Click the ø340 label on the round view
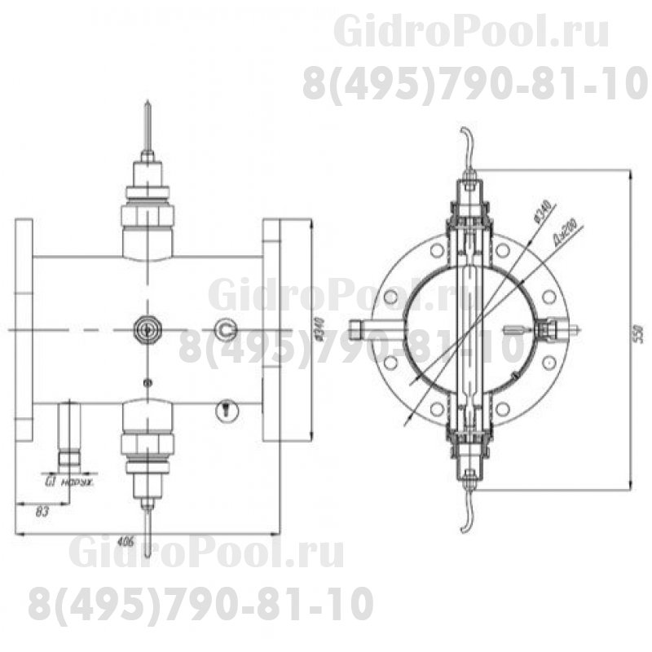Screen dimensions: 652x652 tap(540, 213)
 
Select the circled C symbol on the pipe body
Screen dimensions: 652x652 tap(226, 329)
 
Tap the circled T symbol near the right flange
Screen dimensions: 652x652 tap(225, 411)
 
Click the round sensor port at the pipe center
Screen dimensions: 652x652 tap(148, 329)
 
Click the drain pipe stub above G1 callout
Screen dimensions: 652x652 tap(68, 432)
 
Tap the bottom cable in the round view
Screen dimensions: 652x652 tap(466, 513)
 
